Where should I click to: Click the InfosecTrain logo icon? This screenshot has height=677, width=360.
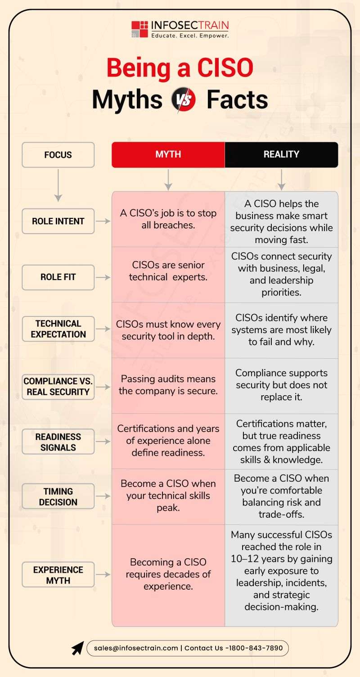(x=139, y=29)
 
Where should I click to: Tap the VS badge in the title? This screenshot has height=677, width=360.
(x=184, y=99)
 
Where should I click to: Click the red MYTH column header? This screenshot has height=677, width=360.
(x=168, y=154)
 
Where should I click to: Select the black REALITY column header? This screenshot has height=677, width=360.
(x=281, y=154)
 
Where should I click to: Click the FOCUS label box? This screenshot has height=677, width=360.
(x=58, y=155)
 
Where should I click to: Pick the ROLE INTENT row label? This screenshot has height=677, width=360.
(x=58, y=221)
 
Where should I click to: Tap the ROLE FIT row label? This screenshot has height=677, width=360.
(x=58, y=277)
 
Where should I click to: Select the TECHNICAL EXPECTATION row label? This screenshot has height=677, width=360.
(x=58, y=329)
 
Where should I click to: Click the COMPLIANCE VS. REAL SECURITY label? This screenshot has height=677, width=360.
(x=58, y=387)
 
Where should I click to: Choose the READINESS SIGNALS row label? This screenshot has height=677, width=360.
(x=58, y=442)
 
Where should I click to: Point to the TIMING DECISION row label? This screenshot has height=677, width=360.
(x=58, y=496)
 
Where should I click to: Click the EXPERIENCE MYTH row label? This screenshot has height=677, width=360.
(x=58, y=574)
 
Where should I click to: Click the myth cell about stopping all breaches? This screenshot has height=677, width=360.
(x=168, y=219)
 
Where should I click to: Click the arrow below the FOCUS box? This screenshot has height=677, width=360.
(x=58, y=185)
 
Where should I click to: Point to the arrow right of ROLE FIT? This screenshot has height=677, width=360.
(x=103, y=277)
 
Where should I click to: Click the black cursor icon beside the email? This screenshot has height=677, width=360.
(x=77, y=648)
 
